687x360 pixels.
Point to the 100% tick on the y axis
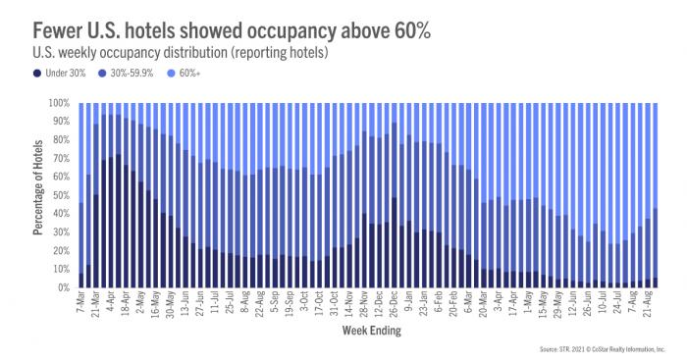coord(60,103)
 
